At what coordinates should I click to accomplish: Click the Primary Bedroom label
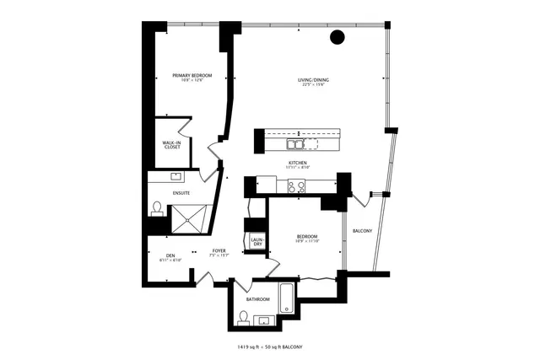pos(192,76)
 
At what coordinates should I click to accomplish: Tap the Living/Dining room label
pos(313,81)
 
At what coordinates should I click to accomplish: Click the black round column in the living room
pos(337,37)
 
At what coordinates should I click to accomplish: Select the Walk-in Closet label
pos(172,145)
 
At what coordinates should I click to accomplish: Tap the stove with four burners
pos(297,187)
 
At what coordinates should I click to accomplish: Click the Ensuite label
pos(181,193)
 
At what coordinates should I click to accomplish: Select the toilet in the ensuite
pos(157,208)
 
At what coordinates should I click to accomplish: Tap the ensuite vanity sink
pos(177,177)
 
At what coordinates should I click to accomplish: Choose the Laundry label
pos(256,242)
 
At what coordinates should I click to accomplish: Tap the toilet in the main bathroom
pos(244,318)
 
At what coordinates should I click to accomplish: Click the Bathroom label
pos(257,299)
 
